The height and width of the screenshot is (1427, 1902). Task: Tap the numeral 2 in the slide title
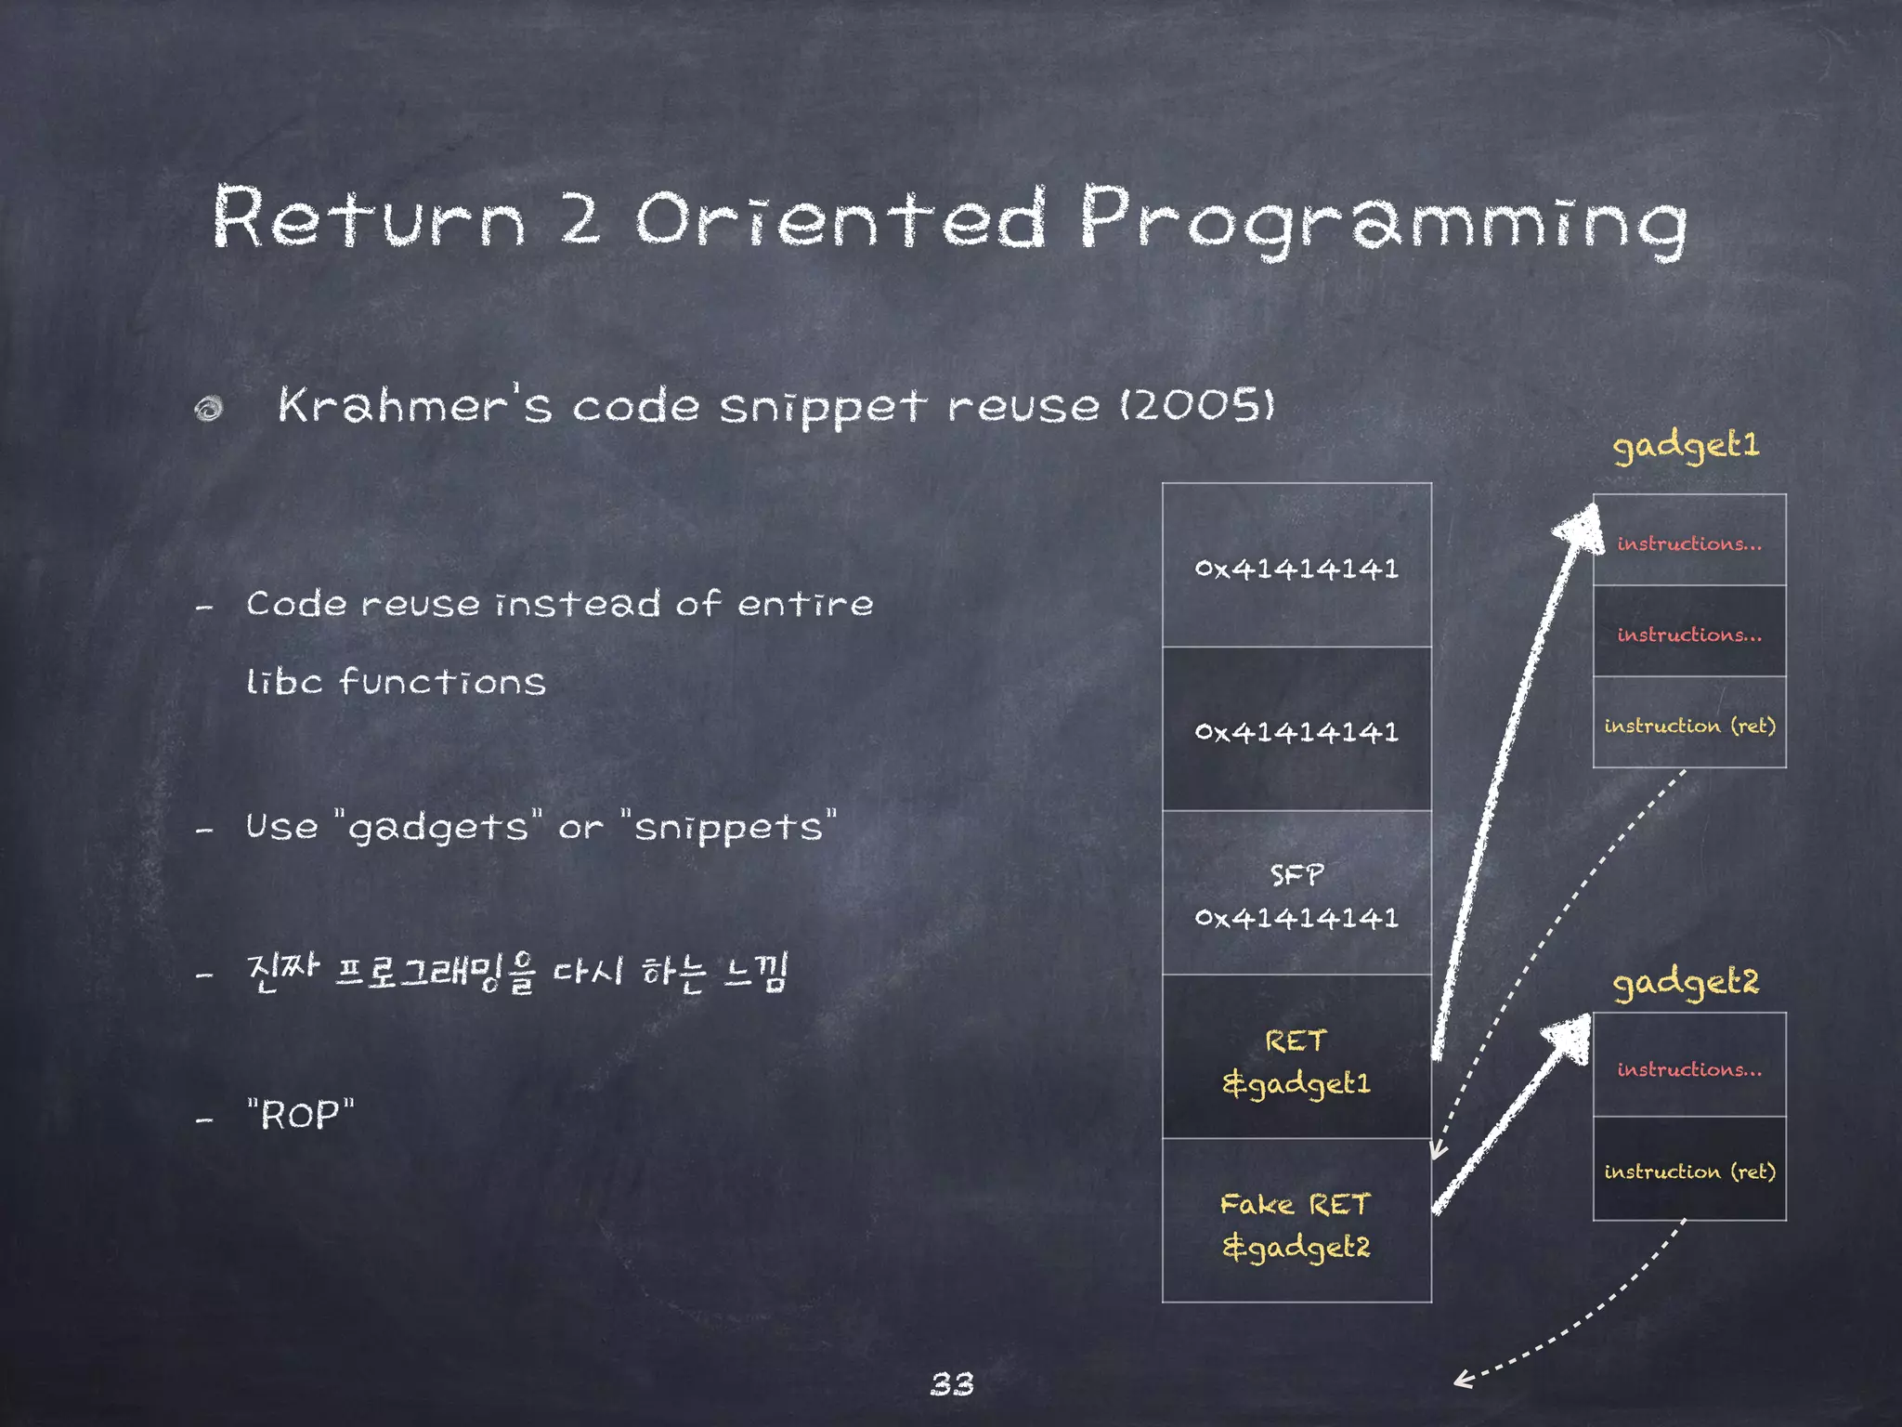click(x=580, y=218)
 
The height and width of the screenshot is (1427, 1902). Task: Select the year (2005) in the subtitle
click(x=1198, y=405)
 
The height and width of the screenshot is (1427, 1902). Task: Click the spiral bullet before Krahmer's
click(x=209, y=409)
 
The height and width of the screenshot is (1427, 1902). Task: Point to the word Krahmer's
click(x=414, y=405)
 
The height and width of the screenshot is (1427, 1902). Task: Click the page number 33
click(x=952, y=1384)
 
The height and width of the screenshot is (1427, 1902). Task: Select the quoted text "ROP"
click(x=301, y=1114)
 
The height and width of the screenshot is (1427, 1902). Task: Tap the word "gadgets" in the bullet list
click(x=437, y=827)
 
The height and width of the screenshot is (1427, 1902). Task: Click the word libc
click(x=284, y=681)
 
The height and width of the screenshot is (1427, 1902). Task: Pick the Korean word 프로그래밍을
click(x=435, y=973)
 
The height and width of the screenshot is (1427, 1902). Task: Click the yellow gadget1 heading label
click(x=1686, y=446)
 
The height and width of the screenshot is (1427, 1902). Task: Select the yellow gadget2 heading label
click(x=1686, y=983)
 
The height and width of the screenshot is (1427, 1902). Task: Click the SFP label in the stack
click(x=1296, y=875)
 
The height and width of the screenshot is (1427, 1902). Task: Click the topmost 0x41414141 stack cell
click(x=1296, y=567)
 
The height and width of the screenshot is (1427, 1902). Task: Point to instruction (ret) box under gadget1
click(x=1689, y=725)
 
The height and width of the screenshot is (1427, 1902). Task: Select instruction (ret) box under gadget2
click(x=1689, y=1171)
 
